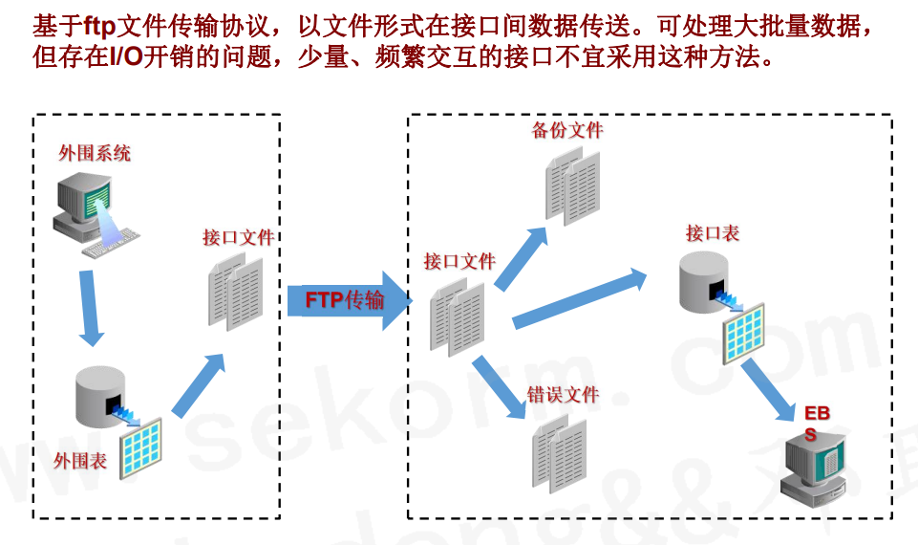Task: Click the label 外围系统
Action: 95,153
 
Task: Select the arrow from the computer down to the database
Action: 91,306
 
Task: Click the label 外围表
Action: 80,461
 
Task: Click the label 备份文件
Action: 567,130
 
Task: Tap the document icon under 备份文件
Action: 572,186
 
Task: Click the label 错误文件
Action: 563,394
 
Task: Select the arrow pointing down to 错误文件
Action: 501,387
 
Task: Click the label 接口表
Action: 712,233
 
